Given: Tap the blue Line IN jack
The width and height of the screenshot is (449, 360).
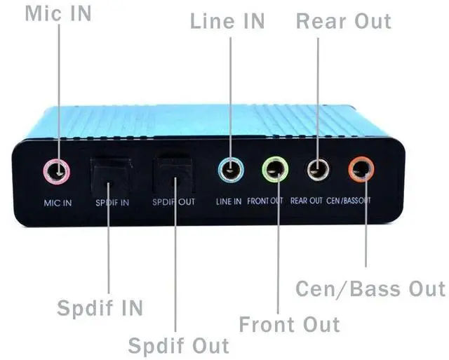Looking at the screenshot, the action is pos(230,169).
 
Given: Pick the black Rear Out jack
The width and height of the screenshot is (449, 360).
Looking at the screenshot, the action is pos(319,168).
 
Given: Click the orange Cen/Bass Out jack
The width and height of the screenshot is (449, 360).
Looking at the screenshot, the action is pos(362,168).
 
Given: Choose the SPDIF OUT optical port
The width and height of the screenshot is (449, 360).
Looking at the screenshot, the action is pos(172,173).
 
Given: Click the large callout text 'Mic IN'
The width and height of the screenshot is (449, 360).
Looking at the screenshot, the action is pos(58,13).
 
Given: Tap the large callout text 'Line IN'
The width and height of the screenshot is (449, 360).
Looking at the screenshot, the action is pos(227,21).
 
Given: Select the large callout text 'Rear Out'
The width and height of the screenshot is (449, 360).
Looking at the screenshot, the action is pos(343,20).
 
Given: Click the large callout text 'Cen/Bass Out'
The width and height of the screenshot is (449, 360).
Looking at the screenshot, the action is pos(370,288).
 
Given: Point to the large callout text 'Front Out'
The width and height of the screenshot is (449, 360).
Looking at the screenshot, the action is pos(289,324).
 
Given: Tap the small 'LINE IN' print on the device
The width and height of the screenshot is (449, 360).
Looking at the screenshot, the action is pos(229,201).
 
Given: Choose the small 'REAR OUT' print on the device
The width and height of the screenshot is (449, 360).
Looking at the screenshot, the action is pos(307,201).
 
